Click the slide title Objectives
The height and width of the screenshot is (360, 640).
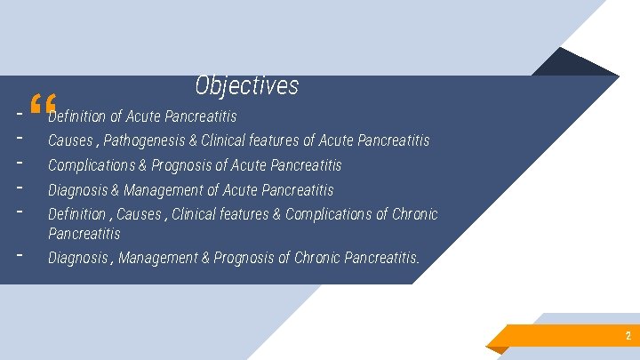click(247, 86)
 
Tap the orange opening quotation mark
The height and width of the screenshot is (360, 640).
click(42, 106)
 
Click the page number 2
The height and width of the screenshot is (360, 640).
click(628, 336)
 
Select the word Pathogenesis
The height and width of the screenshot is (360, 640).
click(148, 140)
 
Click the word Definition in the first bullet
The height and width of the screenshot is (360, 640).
click(76, 116)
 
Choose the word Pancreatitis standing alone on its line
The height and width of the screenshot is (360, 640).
click(84, 234)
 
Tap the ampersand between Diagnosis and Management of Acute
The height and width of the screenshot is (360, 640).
click(115, 190)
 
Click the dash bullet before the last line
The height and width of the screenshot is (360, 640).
click(19, 252)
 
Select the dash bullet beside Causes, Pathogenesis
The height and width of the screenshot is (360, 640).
click(19, 138)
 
